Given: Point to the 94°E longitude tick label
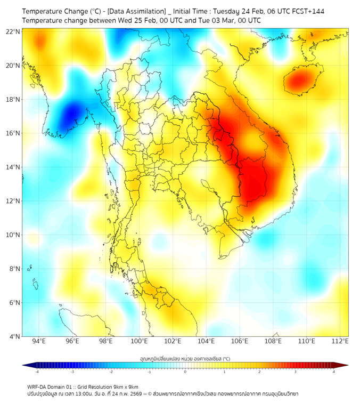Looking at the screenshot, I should pos(39,342).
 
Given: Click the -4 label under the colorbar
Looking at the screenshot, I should pos(37,372).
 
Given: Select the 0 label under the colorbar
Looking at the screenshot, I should pos(185,372).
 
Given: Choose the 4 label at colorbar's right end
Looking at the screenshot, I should pos(333,372).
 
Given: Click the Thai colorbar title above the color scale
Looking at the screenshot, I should pos(185,358).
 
